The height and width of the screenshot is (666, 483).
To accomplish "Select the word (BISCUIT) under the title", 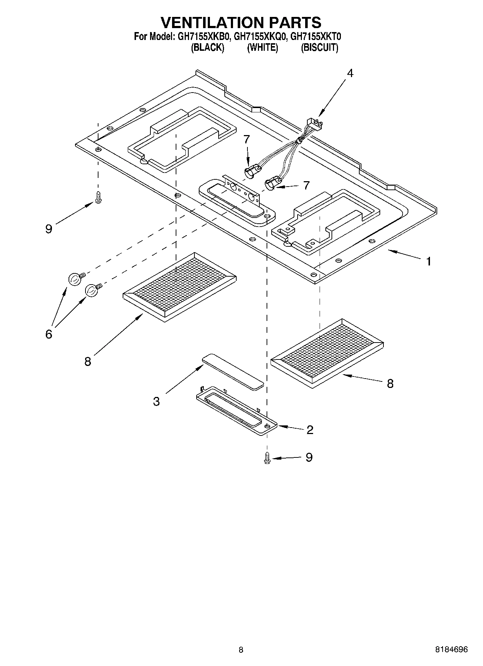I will [319, 48].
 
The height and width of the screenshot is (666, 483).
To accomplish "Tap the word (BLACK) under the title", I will [207, 48].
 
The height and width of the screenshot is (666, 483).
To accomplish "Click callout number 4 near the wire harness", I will [350, 73].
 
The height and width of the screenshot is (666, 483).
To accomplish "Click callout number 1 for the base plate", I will [428, 261].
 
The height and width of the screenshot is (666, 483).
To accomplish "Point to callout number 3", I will [156, 401].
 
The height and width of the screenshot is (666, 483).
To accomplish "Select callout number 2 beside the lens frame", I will [309, 429].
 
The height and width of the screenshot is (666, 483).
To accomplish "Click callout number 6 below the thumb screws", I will [49, 334].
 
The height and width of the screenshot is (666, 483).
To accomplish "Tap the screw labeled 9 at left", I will [98, 197].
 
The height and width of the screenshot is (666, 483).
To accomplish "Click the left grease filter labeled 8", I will [179, 286].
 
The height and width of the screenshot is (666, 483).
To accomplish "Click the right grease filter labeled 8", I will [326, 352].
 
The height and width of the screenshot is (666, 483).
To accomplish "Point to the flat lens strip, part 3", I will [233, 371].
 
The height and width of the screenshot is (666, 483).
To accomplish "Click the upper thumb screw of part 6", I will [74, 279].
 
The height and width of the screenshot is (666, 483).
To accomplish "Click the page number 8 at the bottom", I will [241, 650].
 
